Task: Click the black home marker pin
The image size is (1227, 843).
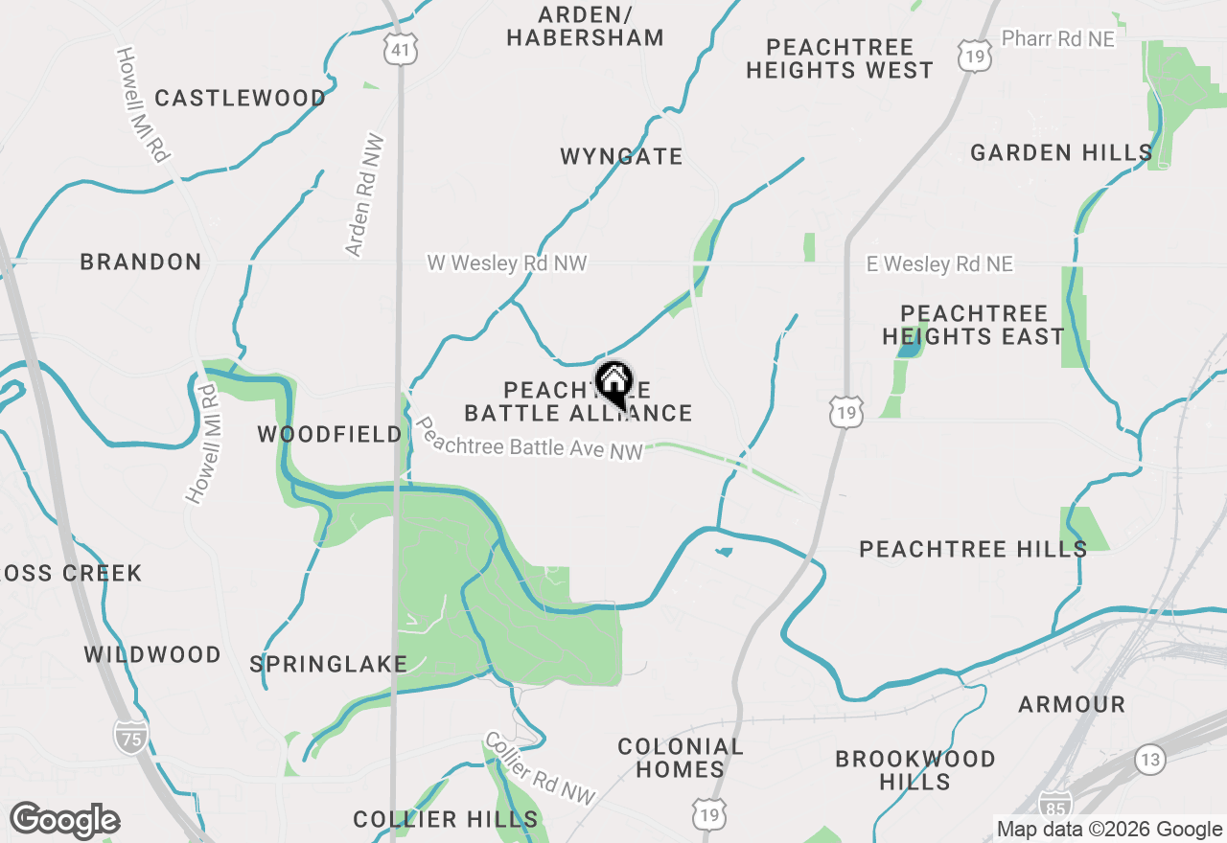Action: pyautogui.click(x=613, y=383)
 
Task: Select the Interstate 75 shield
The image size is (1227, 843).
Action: pyautogui.click(x=131, y=736)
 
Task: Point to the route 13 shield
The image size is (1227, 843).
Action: pyautogui.click(x=1150, y=760)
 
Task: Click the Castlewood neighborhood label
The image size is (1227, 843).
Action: pyautogui.click(x=240, y=98)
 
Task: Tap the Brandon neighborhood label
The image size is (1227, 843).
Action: pyautogui.click(x=141, y=262)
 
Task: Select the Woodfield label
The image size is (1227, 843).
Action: pyautogui.click(x=330, y=435)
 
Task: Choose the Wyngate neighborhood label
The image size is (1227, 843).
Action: pyautogui.click(x=621, y=156)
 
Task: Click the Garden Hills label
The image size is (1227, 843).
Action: pyautogui.click(x=1061, y=152)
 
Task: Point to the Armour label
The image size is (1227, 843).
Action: pyautogui.click(x=1072, y=705)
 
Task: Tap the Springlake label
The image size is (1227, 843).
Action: pyautogui.click(x=328, y=664)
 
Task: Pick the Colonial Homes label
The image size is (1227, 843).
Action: pyautogui.click(x=681, y=758)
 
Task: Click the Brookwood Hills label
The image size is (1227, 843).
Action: pyautogui.click(x=915, y=770)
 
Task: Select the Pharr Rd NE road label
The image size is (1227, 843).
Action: pyautogui.click(x=1057, y=38)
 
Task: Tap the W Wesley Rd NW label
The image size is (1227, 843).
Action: pyautogui.click(x=506, y=262)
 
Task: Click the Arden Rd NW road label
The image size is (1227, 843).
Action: pyautogui.click(x=365, y=195)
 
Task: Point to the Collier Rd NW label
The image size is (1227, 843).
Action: pyautogui.click(x=540, y=768)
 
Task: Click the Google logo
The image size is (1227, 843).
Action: pyautogui.click(x=64, y=821)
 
